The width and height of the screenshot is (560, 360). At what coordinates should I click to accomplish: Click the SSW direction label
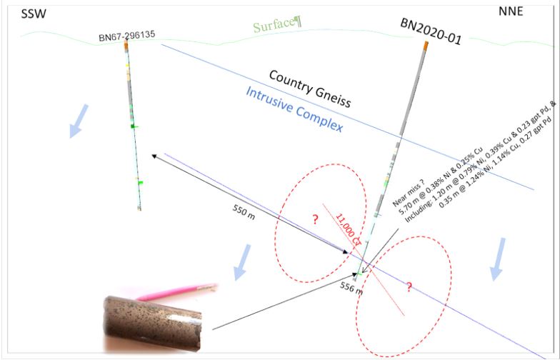point(34,14)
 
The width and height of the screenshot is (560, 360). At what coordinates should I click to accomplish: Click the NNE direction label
point(511,11)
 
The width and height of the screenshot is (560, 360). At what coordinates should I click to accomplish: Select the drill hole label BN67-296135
point(127,36)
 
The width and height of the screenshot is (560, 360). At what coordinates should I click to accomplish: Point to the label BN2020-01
point(431,31)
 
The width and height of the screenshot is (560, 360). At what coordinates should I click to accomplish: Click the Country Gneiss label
point(310,89)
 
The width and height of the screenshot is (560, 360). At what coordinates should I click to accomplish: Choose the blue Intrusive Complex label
point(294,109)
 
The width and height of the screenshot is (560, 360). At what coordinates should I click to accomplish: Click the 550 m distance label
point(244,212)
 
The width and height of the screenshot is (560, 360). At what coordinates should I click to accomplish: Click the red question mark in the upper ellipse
point(315,219)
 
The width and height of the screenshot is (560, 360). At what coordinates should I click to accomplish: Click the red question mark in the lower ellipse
point(409,286)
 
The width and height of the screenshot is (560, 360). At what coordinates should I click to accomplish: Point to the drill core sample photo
point(153,324)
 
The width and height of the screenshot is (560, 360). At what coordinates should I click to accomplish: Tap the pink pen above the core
point(176,291)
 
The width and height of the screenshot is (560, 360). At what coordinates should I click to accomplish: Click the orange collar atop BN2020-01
point(426,46)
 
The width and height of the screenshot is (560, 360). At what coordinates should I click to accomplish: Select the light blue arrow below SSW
point(79,121)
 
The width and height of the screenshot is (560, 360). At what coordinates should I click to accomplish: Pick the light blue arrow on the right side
point(498,259)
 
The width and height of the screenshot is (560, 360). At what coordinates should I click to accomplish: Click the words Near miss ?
point(409,194)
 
